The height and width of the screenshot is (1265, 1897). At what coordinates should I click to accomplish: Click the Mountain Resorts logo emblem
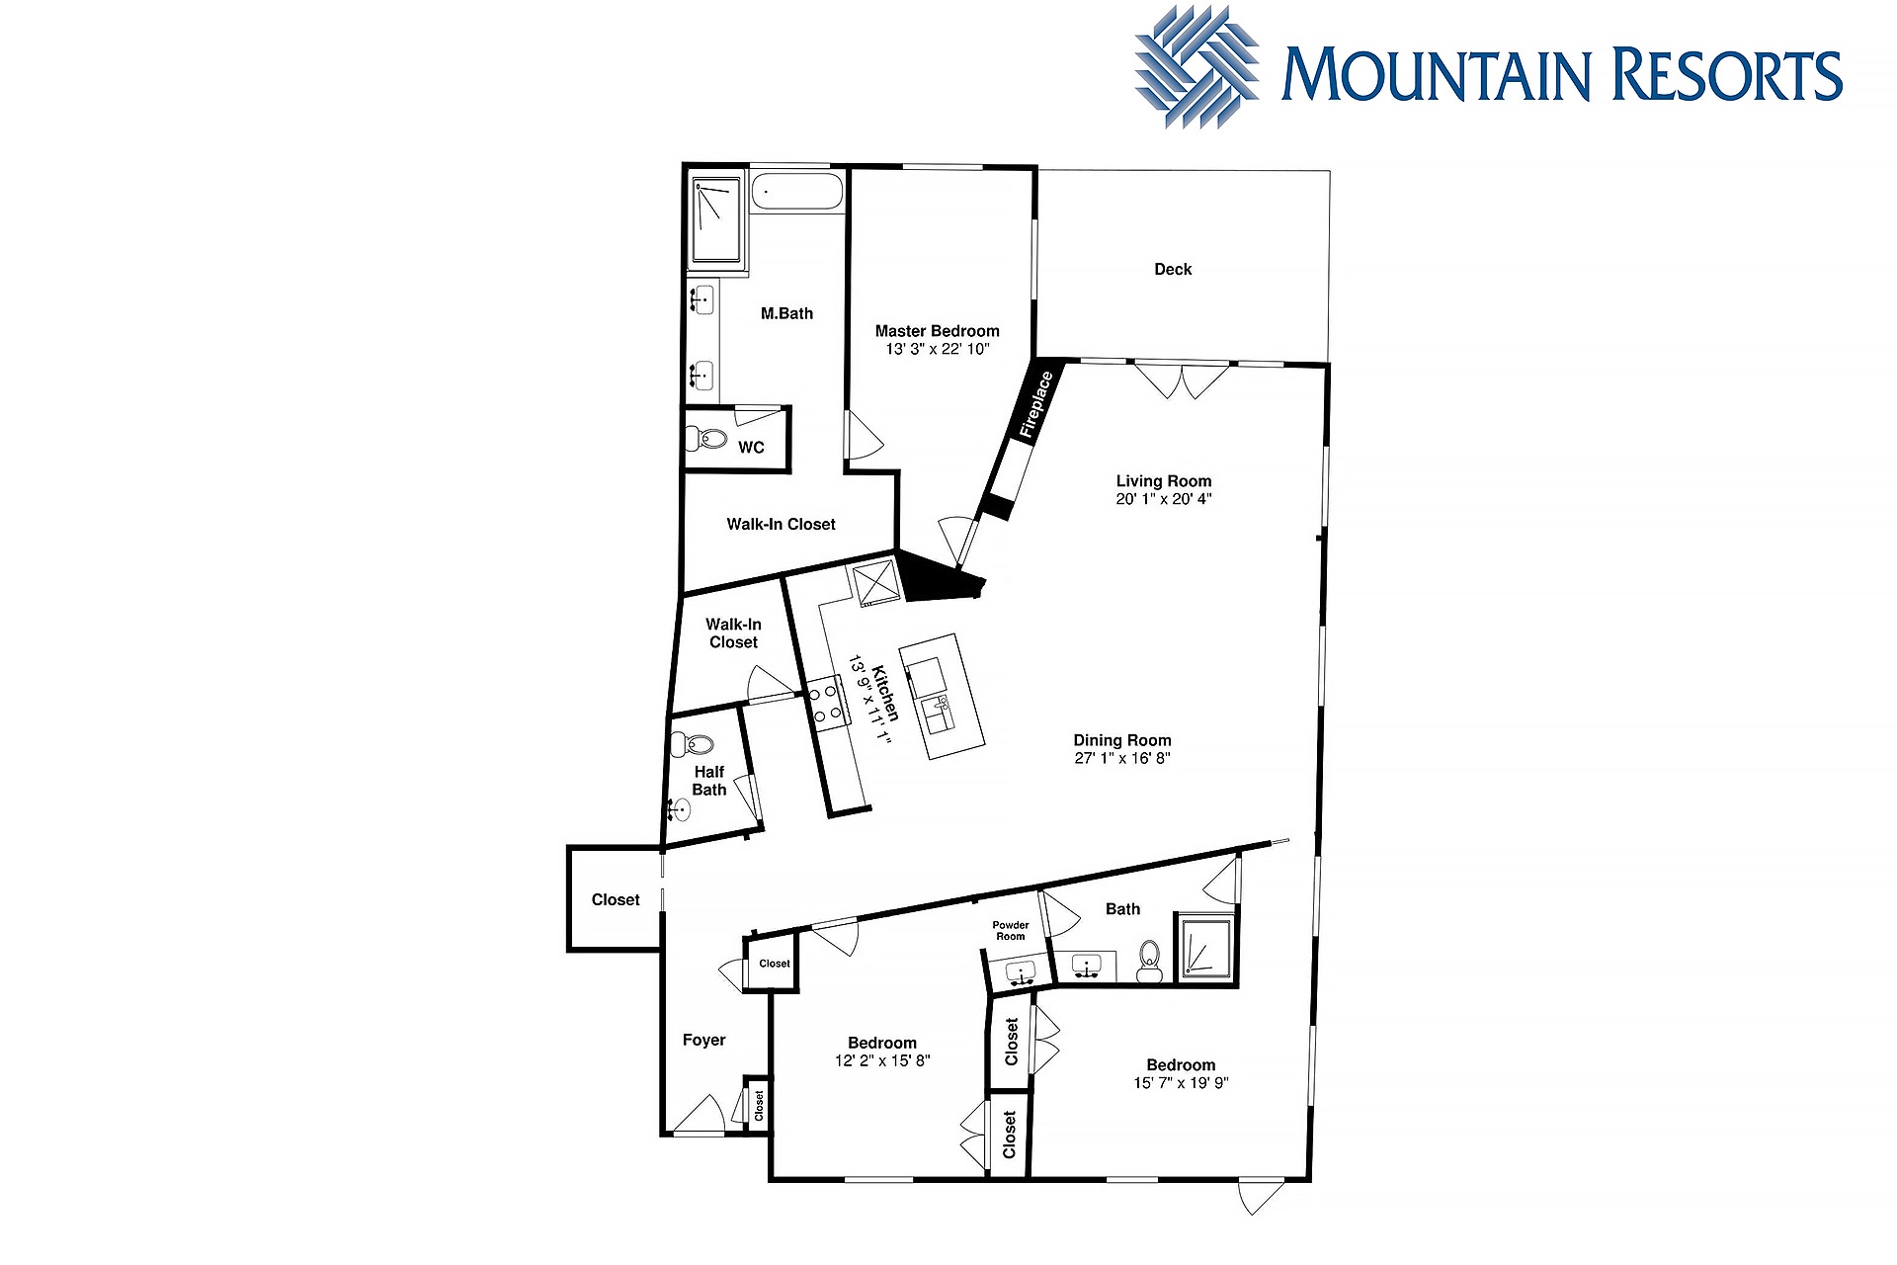click(x=1196, y=67)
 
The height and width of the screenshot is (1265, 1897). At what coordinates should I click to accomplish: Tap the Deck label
click(x=1173, y=269)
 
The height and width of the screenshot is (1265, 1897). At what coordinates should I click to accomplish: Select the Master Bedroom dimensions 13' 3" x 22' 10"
click(x=937, y=349)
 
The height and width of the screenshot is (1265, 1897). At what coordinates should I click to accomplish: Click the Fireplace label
click(x=1036, y=403)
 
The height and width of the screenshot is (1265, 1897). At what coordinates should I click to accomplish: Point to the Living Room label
click(x=1164, y=481)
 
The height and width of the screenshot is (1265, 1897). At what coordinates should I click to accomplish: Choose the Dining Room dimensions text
click(x=1122, y=758)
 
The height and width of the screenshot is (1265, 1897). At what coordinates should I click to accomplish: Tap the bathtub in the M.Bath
click(x=797, y=191)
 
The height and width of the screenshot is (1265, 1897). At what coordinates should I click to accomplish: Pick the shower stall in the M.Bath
click(x=716, y=220)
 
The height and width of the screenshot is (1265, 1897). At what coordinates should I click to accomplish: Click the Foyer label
click(x=703, y=1040)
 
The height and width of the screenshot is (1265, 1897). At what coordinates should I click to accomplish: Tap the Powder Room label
click(x=1011, y=931)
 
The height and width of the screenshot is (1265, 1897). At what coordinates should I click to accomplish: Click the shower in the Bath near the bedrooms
click(x=1204, y=947)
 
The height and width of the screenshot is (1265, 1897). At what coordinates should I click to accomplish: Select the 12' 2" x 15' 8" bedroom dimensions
click(x=882, y=1060)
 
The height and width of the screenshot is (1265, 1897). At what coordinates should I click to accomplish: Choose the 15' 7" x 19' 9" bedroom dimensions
click(x=1181, y=1083)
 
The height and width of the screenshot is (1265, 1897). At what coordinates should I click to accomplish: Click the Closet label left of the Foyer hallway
click(x=616, y=899)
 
